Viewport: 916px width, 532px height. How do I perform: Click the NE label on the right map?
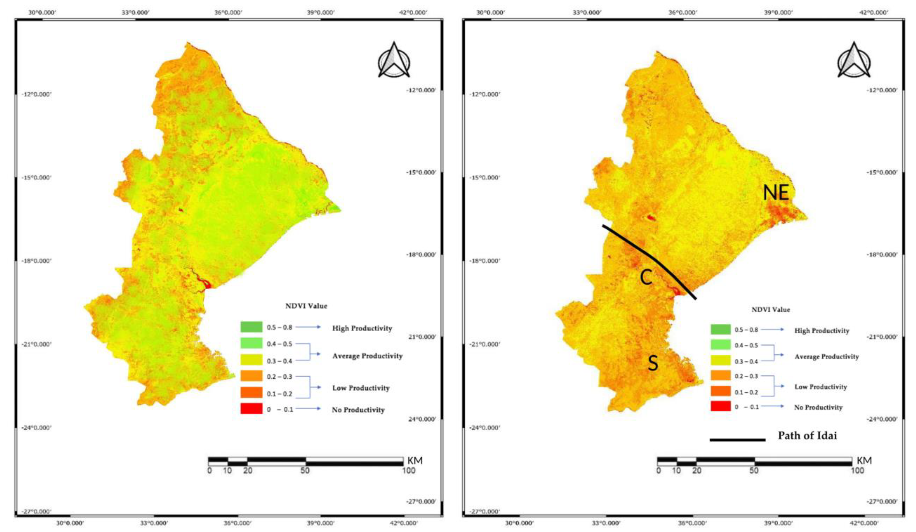pos(776,193)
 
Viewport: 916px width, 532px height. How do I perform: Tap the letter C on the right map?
pos(646,278)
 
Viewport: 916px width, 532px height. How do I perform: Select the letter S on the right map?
pos(653,363)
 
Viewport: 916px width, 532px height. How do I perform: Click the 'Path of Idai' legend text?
pos(807,436)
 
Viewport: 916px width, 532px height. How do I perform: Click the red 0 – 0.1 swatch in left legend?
pos(251,409)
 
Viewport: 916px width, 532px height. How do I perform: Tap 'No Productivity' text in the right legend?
pos(818,407)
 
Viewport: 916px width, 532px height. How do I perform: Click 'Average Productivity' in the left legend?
pos(367,356)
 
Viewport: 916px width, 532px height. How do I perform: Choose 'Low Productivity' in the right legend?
pos(820,387)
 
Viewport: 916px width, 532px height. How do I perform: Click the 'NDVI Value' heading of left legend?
pos(306,306)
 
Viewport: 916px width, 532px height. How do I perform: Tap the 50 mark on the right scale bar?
pos(754,470)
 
